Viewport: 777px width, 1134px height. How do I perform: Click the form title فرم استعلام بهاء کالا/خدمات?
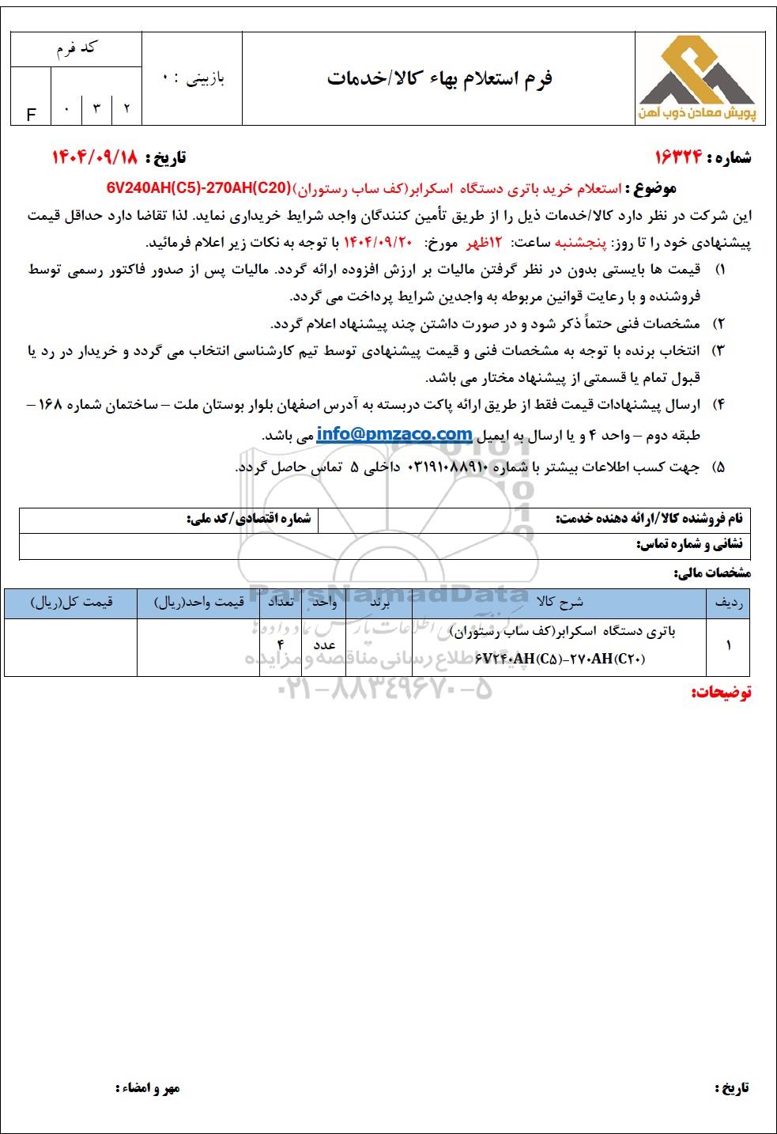[439, 78]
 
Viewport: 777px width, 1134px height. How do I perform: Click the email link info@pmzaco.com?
[394, 434]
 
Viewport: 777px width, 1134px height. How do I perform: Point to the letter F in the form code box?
[32, 115]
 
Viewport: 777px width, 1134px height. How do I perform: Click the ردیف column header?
[727, 603]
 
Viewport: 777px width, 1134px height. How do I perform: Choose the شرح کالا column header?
[559, 603]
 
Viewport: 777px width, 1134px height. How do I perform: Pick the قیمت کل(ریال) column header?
[71, 603]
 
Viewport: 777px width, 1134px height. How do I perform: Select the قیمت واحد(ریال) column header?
[198, 603]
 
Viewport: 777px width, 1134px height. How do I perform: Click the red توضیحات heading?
[721, 693]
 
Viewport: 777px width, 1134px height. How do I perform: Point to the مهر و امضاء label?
[148, 1088]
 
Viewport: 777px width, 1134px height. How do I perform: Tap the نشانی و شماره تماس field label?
[689, 544]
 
